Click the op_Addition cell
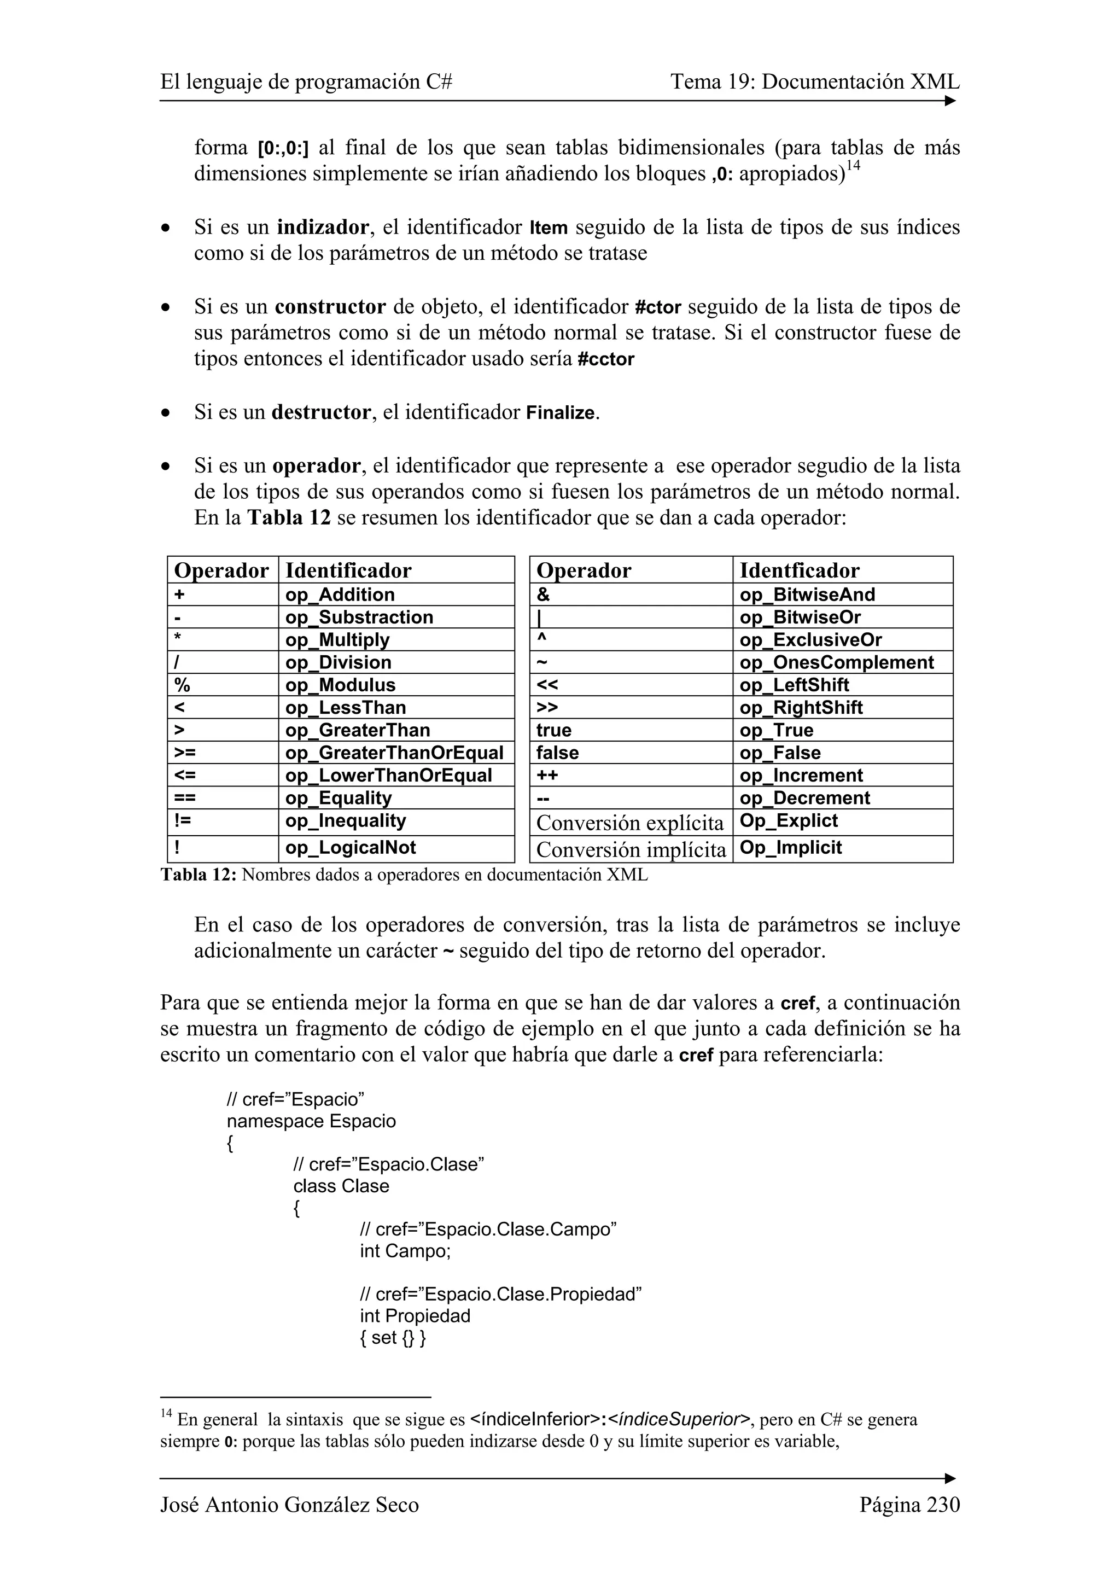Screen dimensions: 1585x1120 tap(340, 595)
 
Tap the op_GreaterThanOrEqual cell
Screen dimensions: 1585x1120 tap(394, 753)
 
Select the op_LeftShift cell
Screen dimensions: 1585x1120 tap(794, 685)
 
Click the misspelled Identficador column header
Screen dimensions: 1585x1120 tap(799, 570)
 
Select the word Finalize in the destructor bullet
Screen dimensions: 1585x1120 tap(561, 413)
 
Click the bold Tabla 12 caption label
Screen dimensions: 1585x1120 tap(199, 875)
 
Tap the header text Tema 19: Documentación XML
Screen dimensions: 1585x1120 tap(814, 82)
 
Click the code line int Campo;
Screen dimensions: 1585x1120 tap(405, 1250)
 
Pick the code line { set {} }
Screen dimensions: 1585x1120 tap(393, 1337)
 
